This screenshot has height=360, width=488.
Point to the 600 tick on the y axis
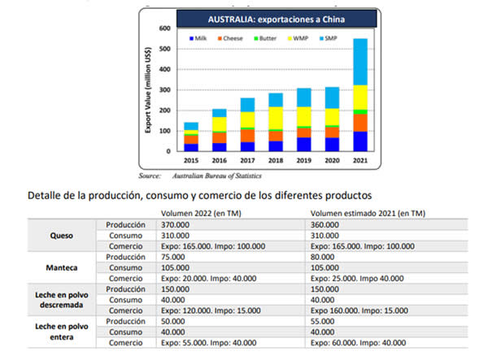point(164,28)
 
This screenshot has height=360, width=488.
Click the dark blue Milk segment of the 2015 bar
point(191,147)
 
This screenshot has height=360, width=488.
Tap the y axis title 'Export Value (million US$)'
point(148,89)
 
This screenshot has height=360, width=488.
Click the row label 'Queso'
point(61,236)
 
